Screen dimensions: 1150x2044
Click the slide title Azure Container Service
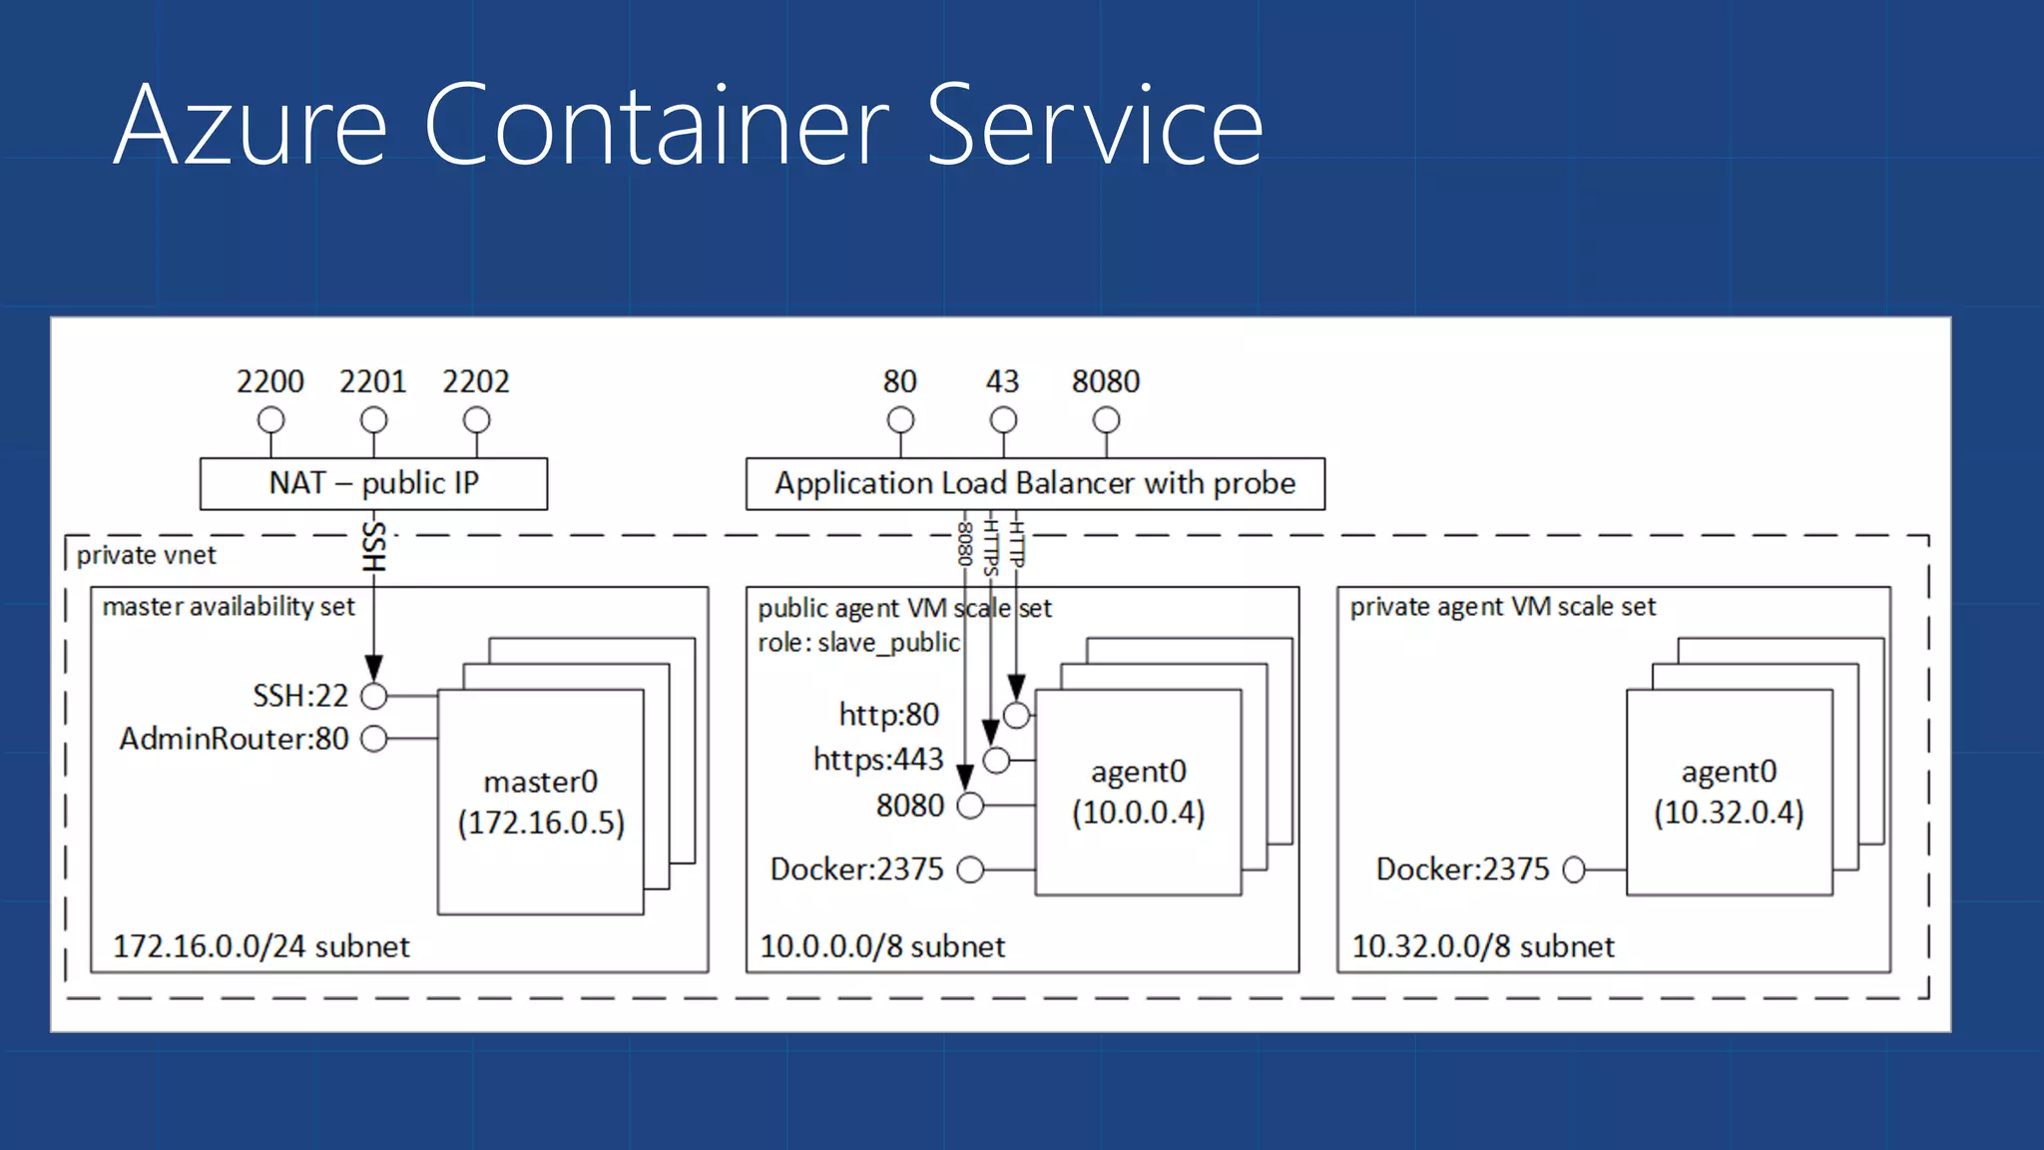point(689,126)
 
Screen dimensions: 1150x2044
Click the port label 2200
point(269,381)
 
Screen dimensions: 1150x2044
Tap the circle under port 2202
point(476,420)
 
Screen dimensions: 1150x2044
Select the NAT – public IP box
point(373,484)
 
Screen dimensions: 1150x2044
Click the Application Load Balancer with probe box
point(1035,484)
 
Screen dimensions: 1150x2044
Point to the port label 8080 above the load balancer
point(1105,381)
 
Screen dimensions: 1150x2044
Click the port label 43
point(1002,381)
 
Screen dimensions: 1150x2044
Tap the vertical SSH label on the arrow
point(372,546)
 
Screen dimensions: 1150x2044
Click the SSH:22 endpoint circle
point(373,695)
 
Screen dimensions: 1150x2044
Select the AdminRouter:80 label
point(234,739)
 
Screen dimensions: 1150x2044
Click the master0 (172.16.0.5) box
point(540,802)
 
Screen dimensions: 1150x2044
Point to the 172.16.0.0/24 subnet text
point(260,946)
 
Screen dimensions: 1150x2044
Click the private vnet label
point(146,555)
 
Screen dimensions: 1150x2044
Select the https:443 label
point(877,760)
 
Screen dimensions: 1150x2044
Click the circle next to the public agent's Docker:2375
point(970,869)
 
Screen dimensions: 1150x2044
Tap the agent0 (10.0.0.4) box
point(1138,792)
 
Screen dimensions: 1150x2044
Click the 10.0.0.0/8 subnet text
point(882,946)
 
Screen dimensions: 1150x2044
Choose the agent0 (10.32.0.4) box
point(1729,792)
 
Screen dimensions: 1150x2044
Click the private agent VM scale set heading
point(1502,607)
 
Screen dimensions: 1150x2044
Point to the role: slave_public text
point(858,643)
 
